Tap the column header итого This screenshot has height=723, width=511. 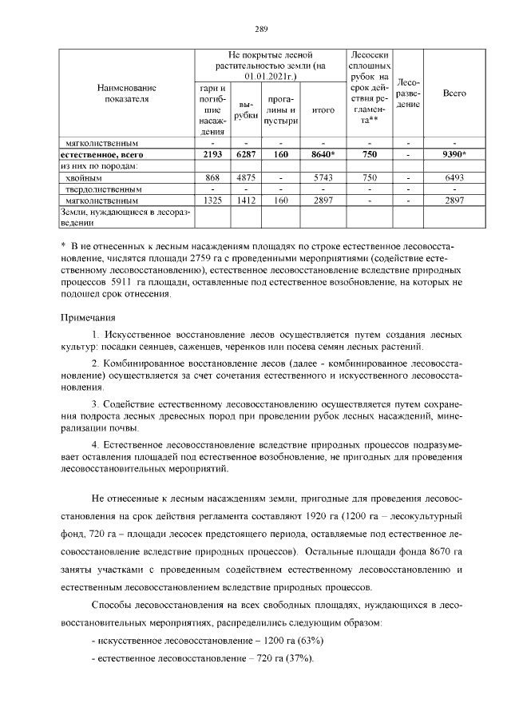pyautogui.click(x=323, y=110)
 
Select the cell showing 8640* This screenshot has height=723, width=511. pyautogui.click(x=323, y=154)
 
